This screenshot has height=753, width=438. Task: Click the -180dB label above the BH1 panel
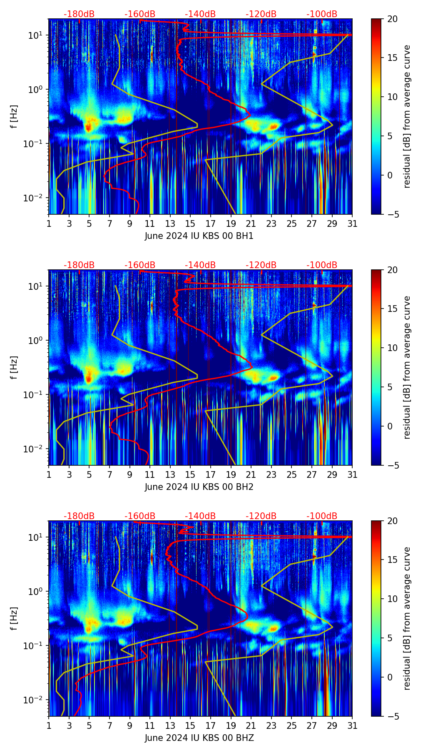pyautogui.click(x=79, y=14)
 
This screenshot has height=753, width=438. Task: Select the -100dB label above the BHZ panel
pyautogui.click(x=322, y=516)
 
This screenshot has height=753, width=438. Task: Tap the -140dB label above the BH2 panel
pyautogui.click(x=200, y=265)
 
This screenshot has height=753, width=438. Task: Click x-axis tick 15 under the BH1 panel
pyautogui.click(x=190, y=223)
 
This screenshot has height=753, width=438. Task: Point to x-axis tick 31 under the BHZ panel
pyautogui.click(x=352, y=725)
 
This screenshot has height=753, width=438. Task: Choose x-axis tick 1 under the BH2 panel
pyautogui.click(x=49, y=474)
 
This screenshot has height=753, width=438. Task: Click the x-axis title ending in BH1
pyautogui.click(x=199, y=236)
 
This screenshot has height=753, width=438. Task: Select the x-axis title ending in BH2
pyautogui.click(x=199, y=487)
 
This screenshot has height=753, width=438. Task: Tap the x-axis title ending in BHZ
pyautogui.click(x=199, y=738)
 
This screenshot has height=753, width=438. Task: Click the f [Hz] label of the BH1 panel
pyautogui.click(x=15, y=117)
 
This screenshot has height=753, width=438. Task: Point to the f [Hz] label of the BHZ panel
pyautogui.click(x=15, y=619)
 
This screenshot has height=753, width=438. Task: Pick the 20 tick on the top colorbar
pyautogui.click(x=393, y=19)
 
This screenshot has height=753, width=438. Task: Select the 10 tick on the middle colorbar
pyautogui.click(x=393, y=348)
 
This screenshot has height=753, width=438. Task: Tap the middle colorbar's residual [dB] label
pyautogui.click(x=407, y=367)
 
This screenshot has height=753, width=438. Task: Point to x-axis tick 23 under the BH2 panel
pyautogui.click(x=271, y=474)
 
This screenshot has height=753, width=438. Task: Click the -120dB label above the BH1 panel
pyautogui.click(x=261, y=14)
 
